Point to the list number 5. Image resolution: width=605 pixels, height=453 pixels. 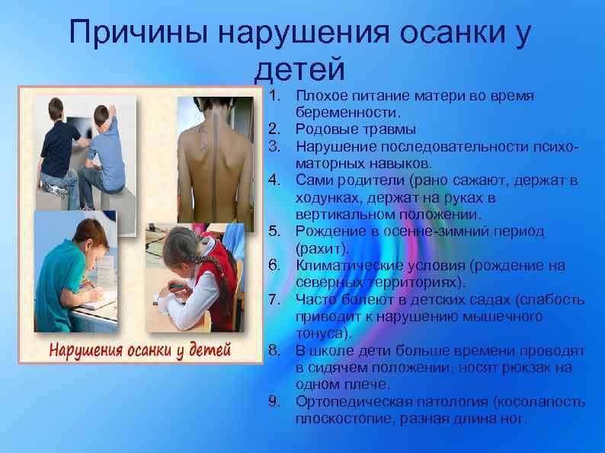point(275,232)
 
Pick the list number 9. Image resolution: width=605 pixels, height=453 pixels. point(275,401)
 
